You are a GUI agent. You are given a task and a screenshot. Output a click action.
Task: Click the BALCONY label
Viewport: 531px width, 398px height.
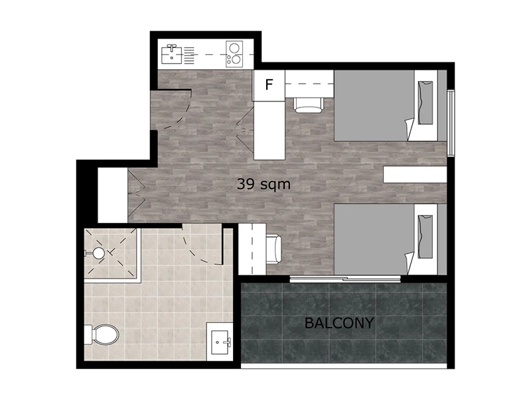[x=339, y=323]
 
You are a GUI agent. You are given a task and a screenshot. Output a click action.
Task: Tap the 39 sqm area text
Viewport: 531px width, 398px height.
[x=264, y=184]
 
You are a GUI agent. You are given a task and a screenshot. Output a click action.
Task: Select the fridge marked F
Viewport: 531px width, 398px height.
[x=269, y=86]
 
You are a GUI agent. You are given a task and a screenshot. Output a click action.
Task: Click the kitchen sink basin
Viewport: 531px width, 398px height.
[x=172, y=55]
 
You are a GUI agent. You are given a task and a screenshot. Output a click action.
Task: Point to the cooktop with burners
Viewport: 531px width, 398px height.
[x=234, y=54]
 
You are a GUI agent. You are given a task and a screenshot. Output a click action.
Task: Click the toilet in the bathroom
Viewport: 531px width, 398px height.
[x=102, y=334]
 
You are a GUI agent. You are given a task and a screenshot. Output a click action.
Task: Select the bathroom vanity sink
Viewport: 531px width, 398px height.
[x=220, y=342]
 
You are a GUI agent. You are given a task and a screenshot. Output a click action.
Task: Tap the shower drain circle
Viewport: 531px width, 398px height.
[x=98, y=253]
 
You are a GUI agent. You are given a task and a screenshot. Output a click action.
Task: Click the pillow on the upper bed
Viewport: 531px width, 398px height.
[x=425, y=103]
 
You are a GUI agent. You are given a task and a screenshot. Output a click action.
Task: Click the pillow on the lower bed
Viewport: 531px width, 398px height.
[x=425, y=237]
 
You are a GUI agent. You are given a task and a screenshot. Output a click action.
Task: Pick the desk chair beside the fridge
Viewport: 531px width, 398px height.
[x=308, y=105]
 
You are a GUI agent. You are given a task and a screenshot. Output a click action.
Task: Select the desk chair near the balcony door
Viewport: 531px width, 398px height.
[x=274, y=249]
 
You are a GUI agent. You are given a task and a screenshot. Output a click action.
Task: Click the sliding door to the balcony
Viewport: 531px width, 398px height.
[x=345, y=279]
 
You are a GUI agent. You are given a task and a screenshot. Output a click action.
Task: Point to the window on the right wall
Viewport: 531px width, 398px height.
[x=451, y=123]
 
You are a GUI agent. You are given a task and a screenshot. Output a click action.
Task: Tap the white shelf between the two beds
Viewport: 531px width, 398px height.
[x=416, y=174]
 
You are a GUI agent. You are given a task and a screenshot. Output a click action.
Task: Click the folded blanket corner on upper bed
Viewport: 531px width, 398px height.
[x=409, y=129]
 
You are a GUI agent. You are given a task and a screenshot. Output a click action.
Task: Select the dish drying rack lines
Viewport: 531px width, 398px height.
[x=189, y=55]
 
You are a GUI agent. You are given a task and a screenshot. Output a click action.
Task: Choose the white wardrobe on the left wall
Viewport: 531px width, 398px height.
[x=113, y=195]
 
